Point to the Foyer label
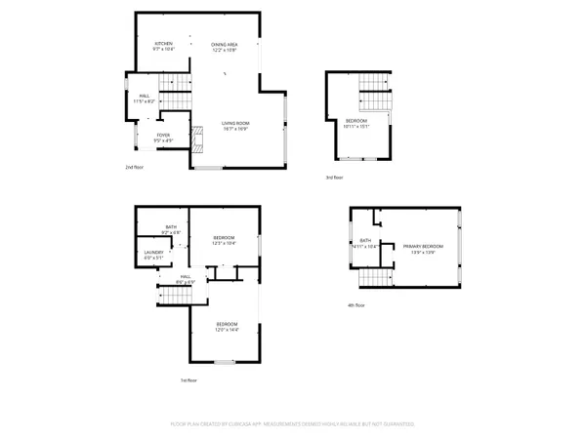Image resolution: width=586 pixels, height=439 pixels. [x=164, y=138]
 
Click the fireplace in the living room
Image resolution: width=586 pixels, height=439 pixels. [x=196, y=141]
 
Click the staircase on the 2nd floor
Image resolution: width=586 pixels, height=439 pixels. [x=175, y=97]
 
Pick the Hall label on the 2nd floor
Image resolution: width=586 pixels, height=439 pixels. [x=143, y=98]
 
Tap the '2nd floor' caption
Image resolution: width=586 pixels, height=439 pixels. [x=134, y=168]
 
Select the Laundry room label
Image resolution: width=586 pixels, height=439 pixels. [x=152, y=257]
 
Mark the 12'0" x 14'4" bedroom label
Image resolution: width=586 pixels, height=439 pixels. [x=227, y=327]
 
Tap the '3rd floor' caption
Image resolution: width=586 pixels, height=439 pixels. [x=335, y=177]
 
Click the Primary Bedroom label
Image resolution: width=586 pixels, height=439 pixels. [x=424, y=249]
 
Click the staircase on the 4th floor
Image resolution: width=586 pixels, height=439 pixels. [x=376, y=279]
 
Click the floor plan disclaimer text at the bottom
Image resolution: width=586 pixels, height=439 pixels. [x=292, y=424]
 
